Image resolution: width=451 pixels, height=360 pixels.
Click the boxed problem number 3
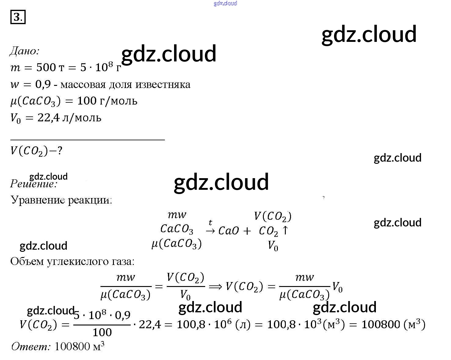18,17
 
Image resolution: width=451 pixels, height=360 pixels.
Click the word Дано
24,51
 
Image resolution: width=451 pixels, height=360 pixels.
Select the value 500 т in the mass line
50,68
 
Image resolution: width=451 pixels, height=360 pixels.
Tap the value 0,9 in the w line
43,84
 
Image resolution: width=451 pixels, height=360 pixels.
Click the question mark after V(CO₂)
60,151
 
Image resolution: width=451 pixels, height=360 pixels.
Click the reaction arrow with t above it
210,231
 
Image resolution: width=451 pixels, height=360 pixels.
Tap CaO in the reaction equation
228,231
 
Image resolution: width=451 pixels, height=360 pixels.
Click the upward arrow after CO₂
285,230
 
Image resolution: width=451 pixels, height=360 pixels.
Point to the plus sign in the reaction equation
247,231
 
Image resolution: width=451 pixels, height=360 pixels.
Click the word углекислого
76,261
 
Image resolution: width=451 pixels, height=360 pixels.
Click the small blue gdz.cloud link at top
225,3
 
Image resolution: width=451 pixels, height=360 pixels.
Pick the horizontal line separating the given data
87,140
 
